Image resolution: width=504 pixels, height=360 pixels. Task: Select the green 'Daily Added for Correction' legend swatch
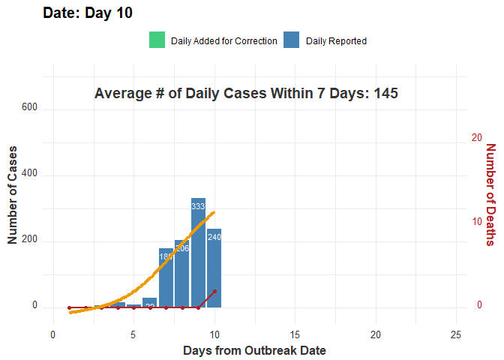click(157, 40)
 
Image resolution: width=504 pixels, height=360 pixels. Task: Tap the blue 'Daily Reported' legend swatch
click(292, 40)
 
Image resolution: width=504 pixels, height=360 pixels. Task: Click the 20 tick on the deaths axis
click(476, 138)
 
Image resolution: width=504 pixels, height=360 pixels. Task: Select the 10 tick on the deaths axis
click(476, 222)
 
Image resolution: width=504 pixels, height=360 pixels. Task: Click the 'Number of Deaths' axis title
click(490, 194)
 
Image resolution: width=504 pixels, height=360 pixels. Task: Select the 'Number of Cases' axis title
click(13, 195)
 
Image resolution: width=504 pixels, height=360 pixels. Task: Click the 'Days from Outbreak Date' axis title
click(254, 350)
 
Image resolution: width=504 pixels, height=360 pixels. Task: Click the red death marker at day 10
click(214, 291)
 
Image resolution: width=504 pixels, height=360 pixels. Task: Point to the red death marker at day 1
click(69, 307)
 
